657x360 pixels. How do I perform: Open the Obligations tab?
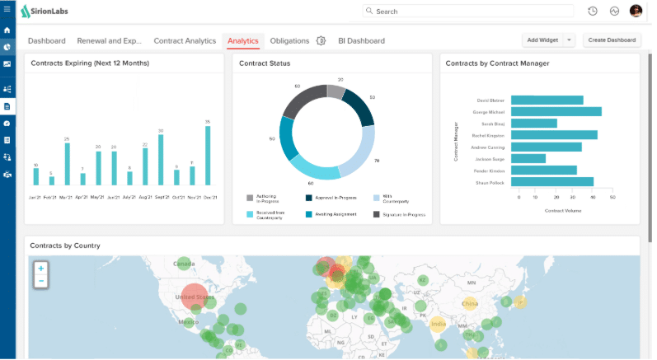289,40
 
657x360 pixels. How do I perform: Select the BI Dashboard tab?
361,40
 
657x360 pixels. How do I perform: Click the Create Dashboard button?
612,40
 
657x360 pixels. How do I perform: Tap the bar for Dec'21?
207,156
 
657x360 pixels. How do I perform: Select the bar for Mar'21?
67,164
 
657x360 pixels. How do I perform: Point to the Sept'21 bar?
160,160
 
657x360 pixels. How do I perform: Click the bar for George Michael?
556,111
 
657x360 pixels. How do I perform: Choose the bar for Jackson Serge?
528,158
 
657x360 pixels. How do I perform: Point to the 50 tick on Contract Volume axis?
612,198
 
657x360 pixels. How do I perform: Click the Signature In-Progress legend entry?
399,214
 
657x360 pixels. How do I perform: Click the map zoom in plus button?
40,269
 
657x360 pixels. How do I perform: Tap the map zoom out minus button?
40,282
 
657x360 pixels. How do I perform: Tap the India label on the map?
437,324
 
